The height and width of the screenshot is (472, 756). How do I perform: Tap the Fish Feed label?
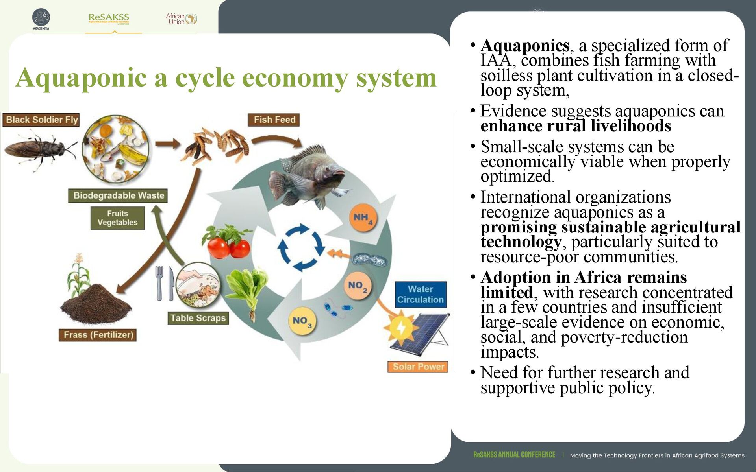(274, 120)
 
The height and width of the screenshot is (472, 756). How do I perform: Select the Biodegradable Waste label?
(118, 195)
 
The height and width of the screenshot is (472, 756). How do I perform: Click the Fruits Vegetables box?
(117, 218)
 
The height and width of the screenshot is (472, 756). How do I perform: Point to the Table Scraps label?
(198, 318)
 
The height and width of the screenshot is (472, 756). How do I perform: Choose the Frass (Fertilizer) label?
(98, 335)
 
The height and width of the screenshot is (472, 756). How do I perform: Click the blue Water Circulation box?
(420, 294)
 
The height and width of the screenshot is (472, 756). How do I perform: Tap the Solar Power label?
(418, 367)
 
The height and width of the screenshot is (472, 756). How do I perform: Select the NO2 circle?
(357, 286)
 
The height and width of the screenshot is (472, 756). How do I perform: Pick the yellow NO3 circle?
(302, 321)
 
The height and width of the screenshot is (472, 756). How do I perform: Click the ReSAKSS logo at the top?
(109, 18)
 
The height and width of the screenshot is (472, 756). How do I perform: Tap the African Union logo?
(181, 18)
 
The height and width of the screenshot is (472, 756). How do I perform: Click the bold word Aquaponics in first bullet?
(525, 46)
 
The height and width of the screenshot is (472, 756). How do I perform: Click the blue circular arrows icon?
(301, 248)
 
